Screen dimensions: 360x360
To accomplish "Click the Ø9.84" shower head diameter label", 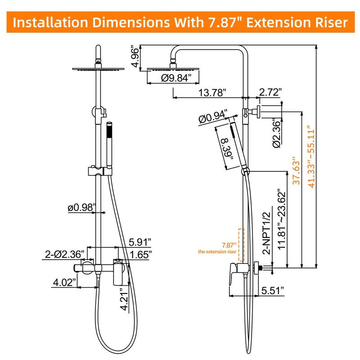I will (x=166, y=78).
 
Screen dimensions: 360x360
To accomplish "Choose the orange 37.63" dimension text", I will (x=296, y=173).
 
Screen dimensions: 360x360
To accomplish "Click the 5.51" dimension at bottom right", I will (x=273, y=291).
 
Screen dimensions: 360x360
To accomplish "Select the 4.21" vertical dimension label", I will (x=125, y=298).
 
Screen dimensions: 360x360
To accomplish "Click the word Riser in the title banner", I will (x=325, y=22).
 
